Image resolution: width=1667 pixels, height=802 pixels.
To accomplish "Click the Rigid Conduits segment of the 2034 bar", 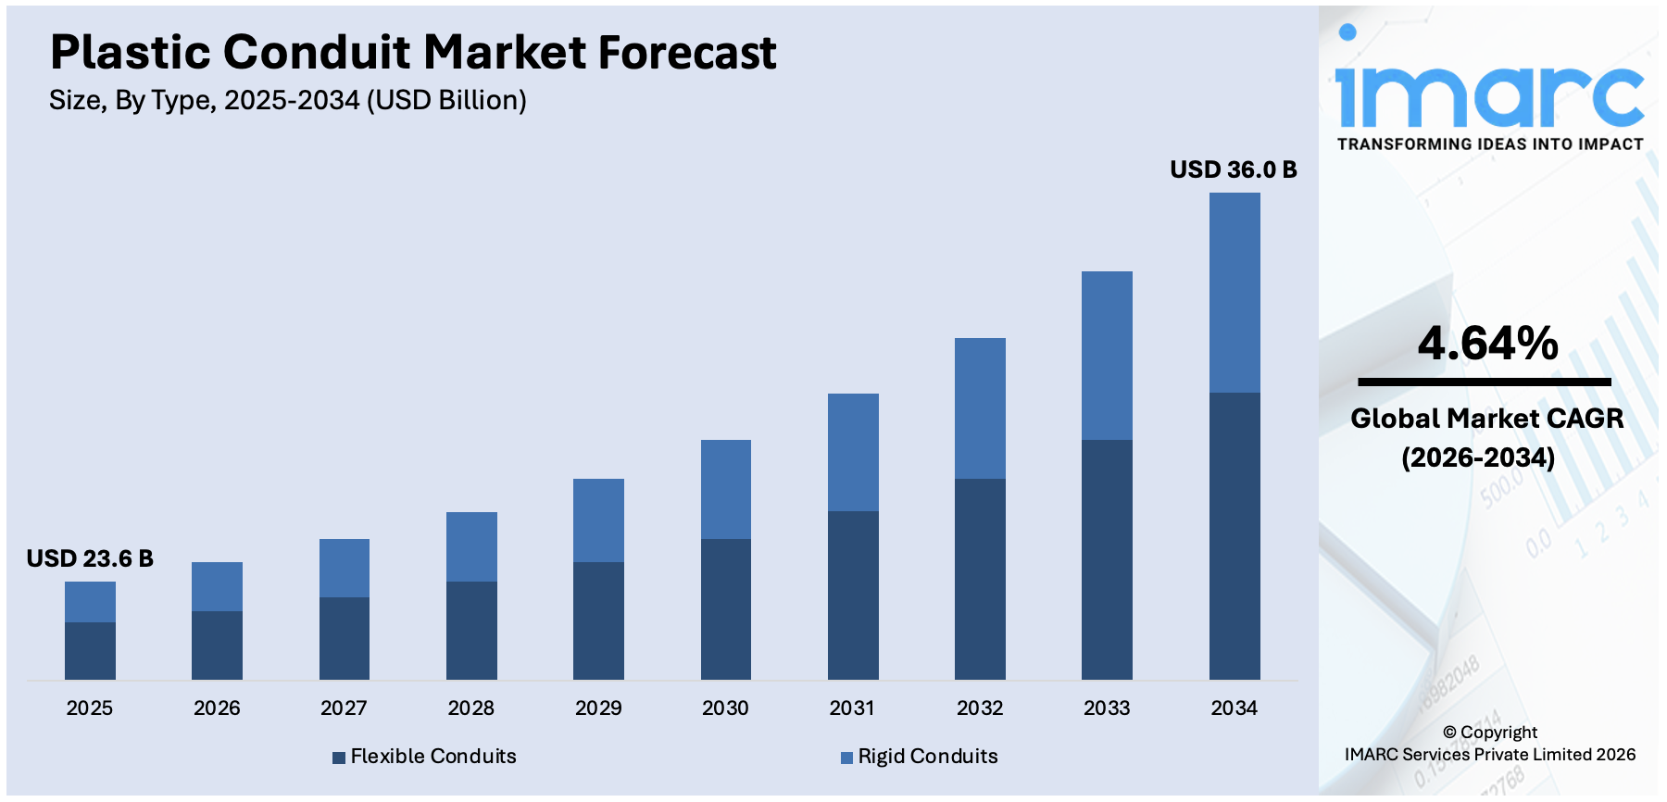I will (x=1235, y=293).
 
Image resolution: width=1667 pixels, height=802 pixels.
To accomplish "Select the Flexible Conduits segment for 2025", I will (x=90, y=651).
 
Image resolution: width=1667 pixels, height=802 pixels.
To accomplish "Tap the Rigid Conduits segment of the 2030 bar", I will (x=726, y=489).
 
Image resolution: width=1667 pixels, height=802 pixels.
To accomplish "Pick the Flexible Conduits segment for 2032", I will (x=980, y=579).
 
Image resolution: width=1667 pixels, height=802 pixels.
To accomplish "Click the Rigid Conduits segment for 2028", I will (x=471, y=546).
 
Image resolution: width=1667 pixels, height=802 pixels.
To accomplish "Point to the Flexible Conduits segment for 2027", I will (x=345, y=638).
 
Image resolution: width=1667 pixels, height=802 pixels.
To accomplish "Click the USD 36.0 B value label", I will (x=1233, y=169).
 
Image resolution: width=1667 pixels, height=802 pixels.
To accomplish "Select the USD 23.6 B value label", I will (x=90, y=558).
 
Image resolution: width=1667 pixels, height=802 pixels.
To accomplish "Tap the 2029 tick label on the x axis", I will (x=598, y=708).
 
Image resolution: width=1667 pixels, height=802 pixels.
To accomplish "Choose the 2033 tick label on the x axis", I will (x=1107, y=708).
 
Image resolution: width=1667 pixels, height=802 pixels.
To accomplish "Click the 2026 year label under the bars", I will (x=217, y=708).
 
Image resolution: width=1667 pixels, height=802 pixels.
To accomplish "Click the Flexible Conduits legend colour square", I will (x=339, y=758).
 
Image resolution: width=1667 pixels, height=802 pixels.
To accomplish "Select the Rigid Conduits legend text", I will (x=928, y=757).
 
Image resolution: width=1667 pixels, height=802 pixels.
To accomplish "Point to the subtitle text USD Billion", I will (x=446, y=100).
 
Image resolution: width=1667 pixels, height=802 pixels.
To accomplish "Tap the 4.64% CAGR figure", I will (x=1487, y=343).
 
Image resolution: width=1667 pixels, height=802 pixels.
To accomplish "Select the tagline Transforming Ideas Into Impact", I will (x=1489, y=144).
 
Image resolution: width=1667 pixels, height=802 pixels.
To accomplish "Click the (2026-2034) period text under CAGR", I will (x=1478, y=457).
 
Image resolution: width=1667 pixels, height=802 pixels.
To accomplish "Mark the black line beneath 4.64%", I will (x=1484, y=382).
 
